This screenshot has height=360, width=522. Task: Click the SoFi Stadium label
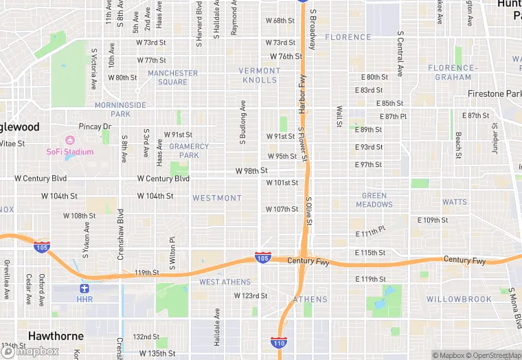(x=69, y=152)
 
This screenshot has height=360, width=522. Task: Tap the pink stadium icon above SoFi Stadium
(x=69, y=141)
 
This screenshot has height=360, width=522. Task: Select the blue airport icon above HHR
(x=84, y=289)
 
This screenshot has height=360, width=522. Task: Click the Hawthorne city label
(x=56, y=337)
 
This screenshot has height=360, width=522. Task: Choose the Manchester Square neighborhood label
(x=172, y=78)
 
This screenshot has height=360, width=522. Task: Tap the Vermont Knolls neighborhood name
(x=260, y=75)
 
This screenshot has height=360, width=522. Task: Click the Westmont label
(x=217, y=198)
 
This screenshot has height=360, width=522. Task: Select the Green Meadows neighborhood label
(x=374, y=200)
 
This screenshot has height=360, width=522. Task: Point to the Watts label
(x=455, y=202)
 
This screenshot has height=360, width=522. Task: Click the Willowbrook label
(x=459, y=300)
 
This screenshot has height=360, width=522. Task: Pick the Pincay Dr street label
(x=95, y=126)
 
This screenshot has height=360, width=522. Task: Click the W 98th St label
(x=251, y=170)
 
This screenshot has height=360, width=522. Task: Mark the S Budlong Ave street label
(x=242, y=124)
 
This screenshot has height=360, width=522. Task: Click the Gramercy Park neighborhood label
(x=189, y=150)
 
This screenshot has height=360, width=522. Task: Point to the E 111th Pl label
(x=371, y=232)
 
